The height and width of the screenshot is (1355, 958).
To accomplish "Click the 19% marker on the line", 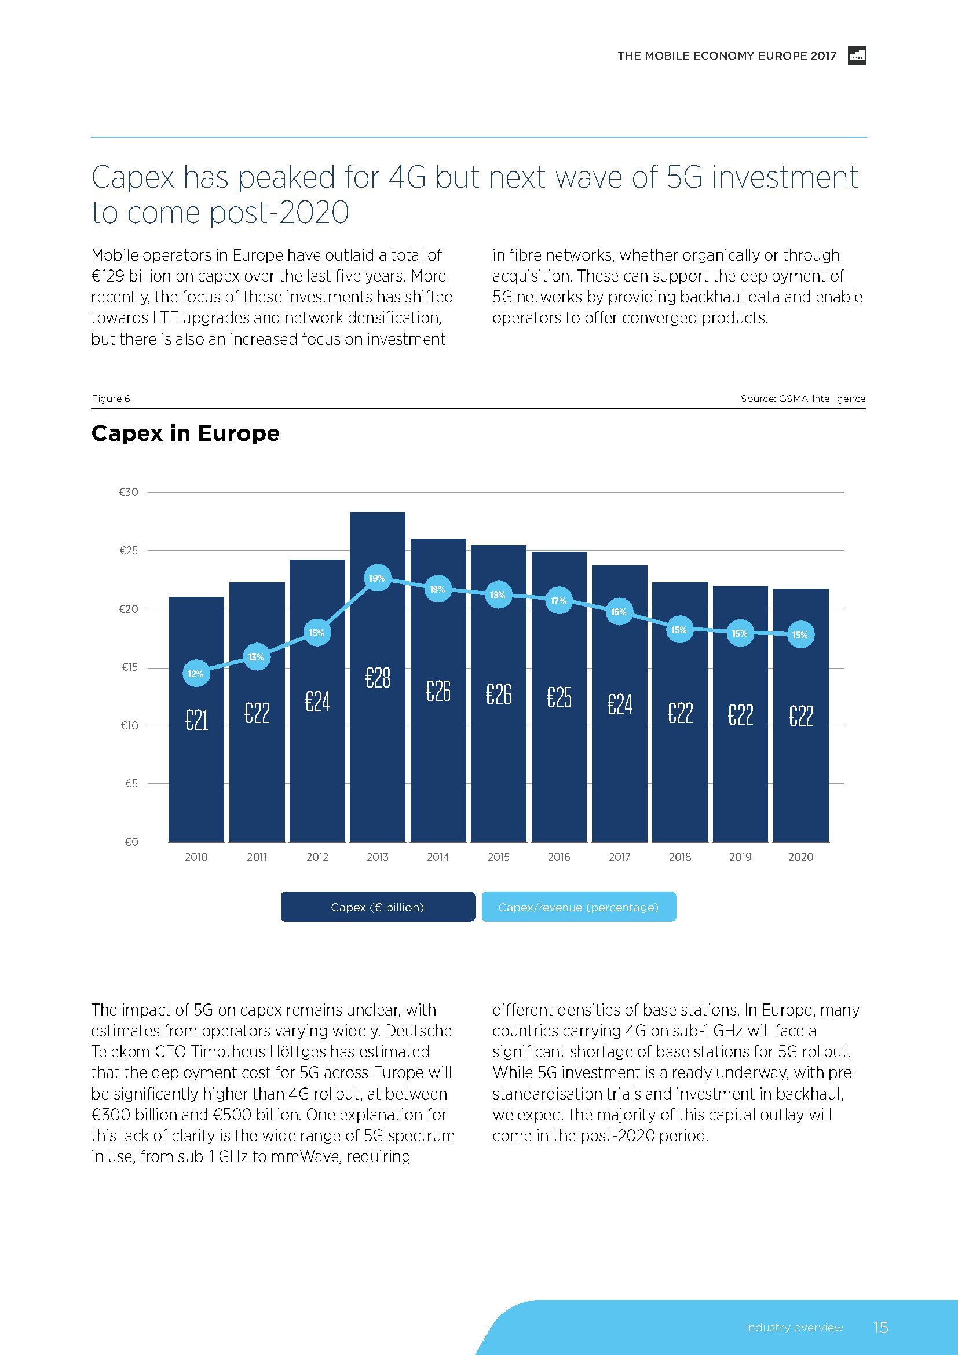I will [377, 578].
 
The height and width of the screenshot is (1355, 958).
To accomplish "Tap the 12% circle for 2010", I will [196, 674].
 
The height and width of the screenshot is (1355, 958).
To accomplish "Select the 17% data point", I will [558, 601].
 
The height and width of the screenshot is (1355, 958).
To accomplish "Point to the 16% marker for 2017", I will [619, 612].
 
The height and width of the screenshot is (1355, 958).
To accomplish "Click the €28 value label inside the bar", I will [378, 678].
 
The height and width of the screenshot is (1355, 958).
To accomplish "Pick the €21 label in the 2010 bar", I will [196, 720].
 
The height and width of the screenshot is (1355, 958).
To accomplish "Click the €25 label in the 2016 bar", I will [558, 697].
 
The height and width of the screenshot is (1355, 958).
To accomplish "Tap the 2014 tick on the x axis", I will [438, 857].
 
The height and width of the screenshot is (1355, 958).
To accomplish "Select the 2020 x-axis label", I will [800, 857].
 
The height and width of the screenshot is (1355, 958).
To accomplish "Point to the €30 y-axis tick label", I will [129, 492].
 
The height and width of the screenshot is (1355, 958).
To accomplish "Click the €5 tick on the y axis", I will [131, 783].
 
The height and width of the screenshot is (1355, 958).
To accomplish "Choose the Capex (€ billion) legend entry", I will [378, 907].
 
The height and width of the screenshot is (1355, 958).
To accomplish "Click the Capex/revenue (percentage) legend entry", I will [579, 907].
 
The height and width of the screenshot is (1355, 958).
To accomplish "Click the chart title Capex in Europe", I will [185, 433].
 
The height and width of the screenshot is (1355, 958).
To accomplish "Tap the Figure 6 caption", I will [111, 399].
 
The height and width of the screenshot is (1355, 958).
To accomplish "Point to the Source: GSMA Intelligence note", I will [803, 399].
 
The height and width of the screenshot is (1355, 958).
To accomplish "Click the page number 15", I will [880, 1327].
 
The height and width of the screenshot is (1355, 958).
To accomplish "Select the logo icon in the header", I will [857, 56].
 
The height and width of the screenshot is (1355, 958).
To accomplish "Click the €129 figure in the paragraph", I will [107, 276].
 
